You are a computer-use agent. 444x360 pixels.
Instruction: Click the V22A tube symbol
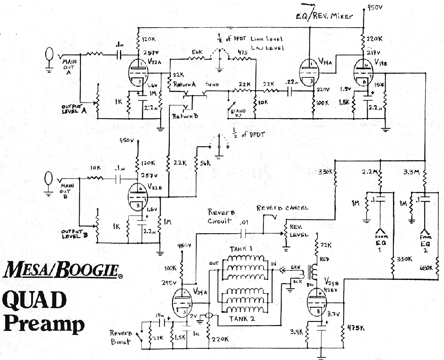pos(138,74)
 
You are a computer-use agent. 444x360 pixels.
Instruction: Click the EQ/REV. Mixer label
pos(324,16)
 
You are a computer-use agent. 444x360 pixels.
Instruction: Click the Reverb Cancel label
pos(282,208)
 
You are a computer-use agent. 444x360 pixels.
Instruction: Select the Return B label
pos(185,116)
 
